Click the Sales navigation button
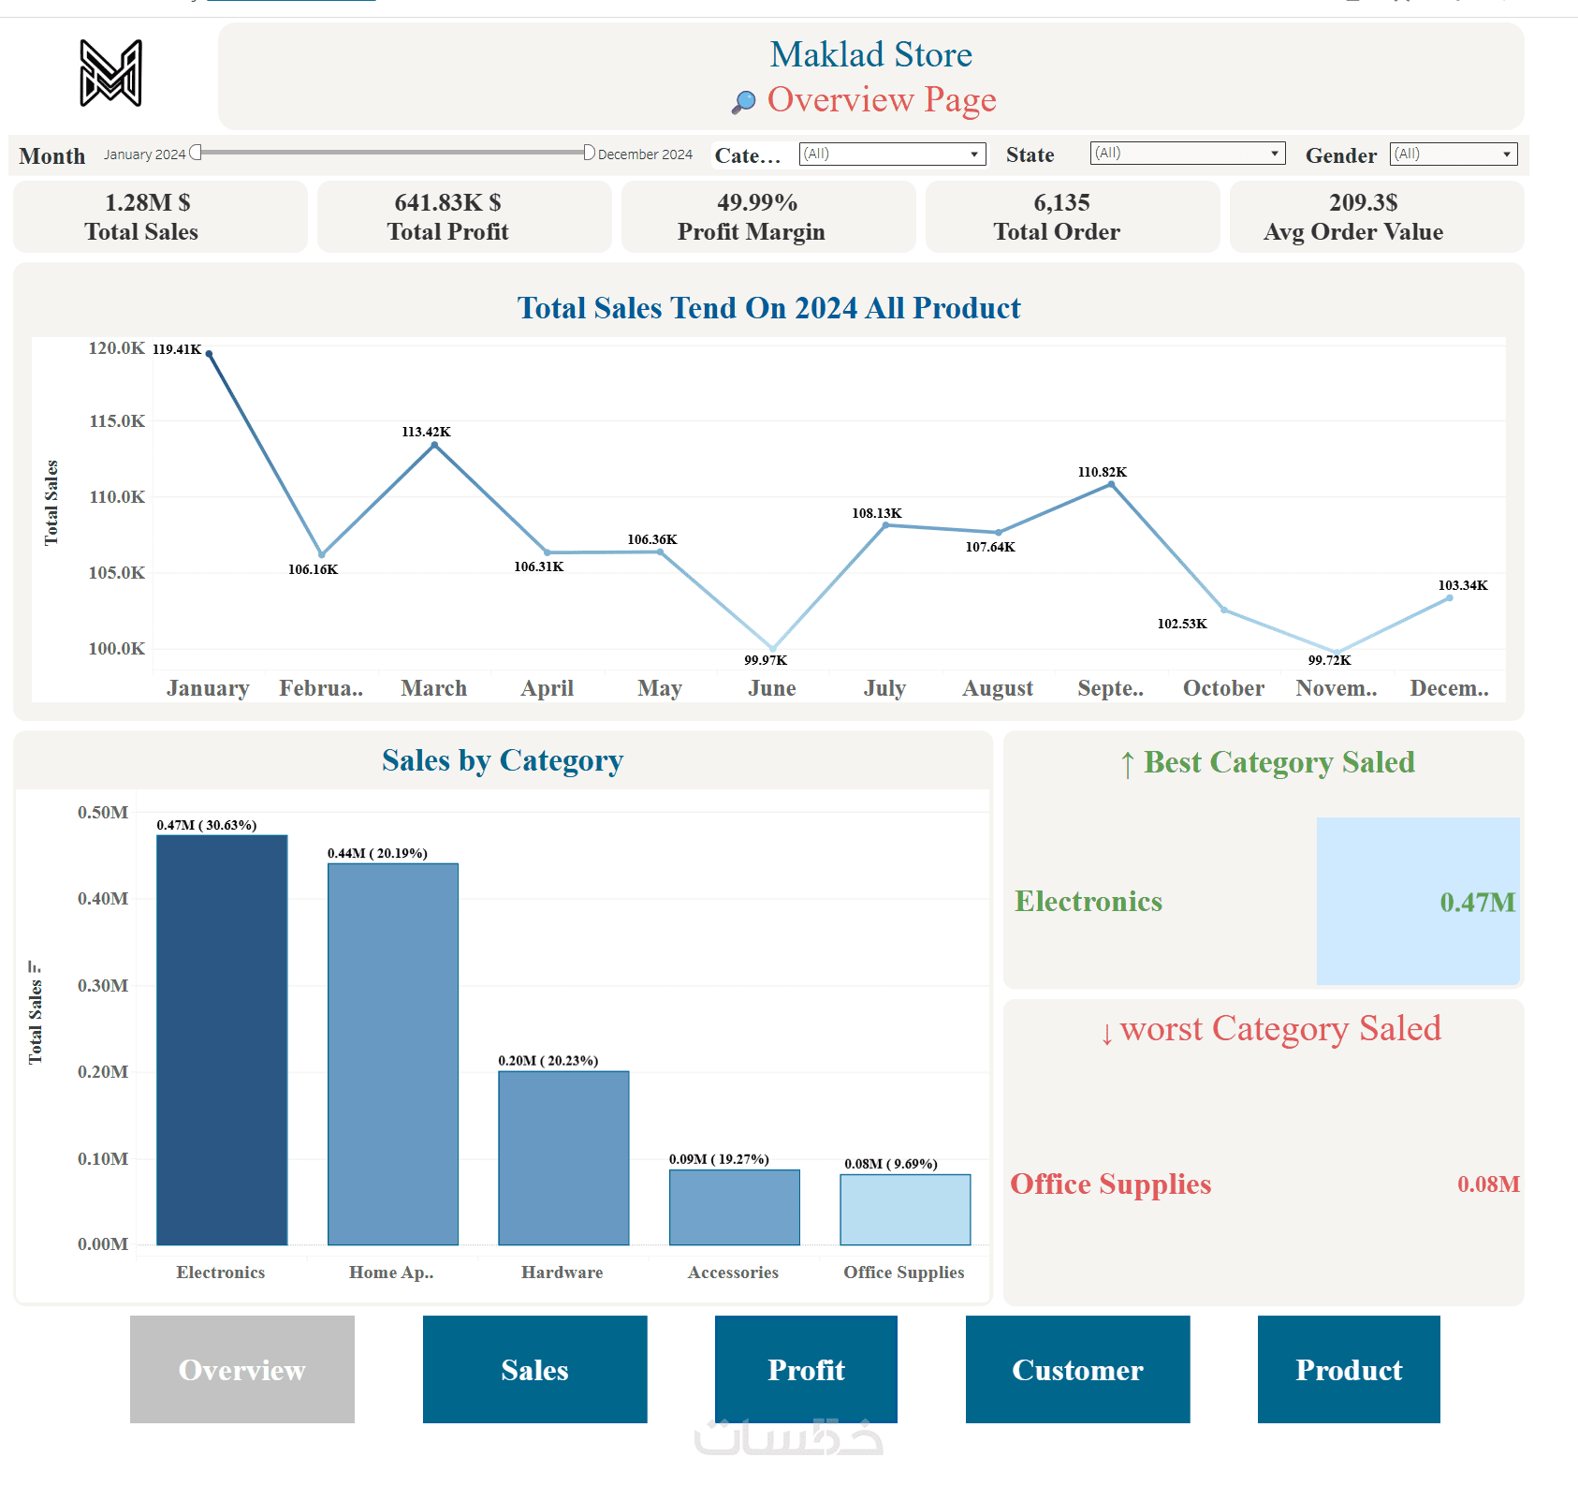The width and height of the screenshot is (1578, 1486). click(x=534, y=1369)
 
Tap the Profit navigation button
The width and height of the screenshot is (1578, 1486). click(x=806, y=1369)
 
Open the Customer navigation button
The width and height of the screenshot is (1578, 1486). click(x=1077, y=1369)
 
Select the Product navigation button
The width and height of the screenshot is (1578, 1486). click(x=1349, y=1369)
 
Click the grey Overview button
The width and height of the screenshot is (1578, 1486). click(x=241, y=1369)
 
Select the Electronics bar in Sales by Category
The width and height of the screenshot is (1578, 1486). click(x=222, y=1039)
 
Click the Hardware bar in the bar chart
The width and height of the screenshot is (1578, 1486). click(x=563, y=1157)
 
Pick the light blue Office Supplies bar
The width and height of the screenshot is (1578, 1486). click(x=905, y=1209)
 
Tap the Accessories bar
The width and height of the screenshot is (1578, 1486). click(x=735, y=1207)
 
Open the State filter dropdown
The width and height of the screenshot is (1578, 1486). click(x=1187, y=154)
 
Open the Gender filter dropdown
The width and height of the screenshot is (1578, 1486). click(x=1453, y=154)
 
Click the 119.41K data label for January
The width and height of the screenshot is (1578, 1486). click(x=177, y=349)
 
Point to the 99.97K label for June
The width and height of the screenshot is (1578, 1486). click(x=766, y=660)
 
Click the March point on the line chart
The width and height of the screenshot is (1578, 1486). click(x=434, y=446)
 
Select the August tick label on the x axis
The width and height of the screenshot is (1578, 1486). click(x=998, y=688)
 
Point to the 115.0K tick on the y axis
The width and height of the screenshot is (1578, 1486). click(x=117, y=421)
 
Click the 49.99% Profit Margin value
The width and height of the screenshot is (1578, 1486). click(x=757, y=202)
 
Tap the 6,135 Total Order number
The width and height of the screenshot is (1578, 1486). click(x=1061, y=202)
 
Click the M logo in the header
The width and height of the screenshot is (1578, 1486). click(x=110, y=73)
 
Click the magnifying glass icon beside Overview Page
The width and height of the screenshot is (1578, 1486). click(x=744, y=101)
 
